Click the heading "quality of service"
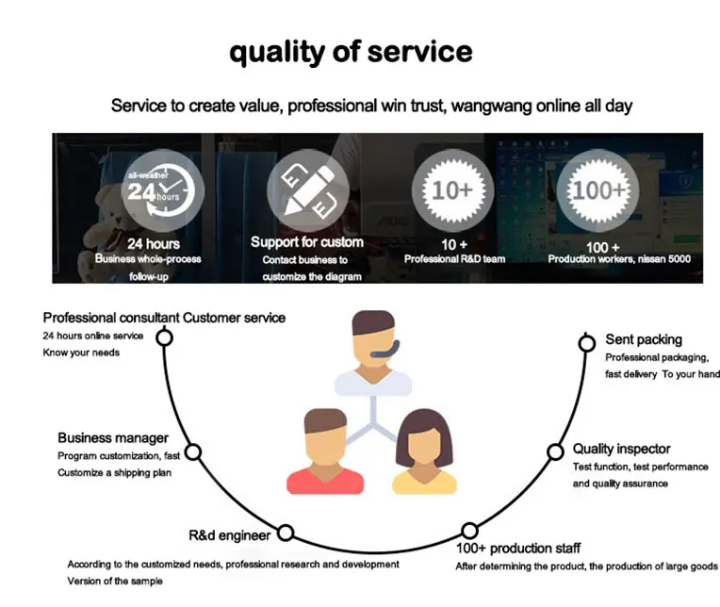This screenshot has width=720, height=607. tap(351, 51)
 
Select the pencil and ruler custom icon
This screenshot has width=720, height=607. tap(307, 192)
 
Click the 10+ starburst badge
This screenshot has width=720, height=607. tap(451, 191)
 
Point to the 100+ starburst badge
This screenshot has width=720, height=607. tap(597, 191)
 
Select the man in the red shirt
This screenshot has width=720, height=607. tap(324, 452)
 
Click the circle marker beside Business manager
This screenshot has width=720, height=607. tap(193, 452)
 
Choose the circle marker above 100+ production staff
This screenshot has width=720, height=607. tap(468, 531)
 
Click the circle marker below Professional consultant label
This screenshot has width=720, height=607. tap(165, 337)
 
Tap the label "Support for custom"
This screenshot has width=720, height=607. tap(306, 242)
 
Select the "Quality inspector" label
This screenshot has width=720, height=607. tap(621, 449)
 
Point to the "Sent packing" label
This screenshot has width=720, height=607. tap(645, 339)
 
